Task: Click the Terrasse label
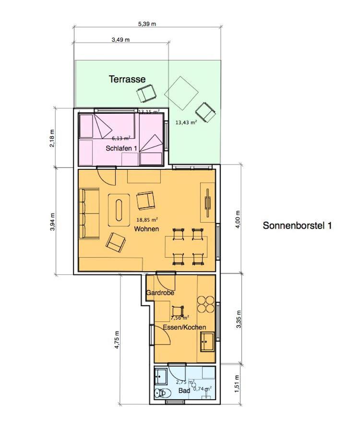click(x=127, y=79)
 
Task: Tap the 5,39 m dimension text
click(x=147, y=24)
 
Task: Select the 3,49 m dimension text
click(x=120, y=40)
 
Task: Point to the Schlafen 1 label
click(x=121, y=149)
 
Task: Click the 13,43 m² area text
click(x=186, y=122)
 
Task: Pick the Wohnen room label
click(x=146, y=229)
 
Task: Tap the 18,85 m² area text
click(x=147, y=220)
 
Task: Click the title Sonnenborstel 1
click(x=297, y=225)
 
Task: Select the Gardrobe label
click(x=160, y=292)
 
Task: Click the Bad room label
click(x=184, y=391)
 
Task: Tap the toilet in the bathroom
click(x=161, y=393)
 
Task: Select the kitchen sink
click(x=207, y=341)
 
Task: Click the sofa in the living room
click(x=89, y=214)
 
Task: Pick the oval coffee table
click(x=119, y=210)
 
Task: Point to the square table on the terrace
click(x=181, y=93)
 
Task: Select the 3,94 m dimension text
click(x=52, y=222)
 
